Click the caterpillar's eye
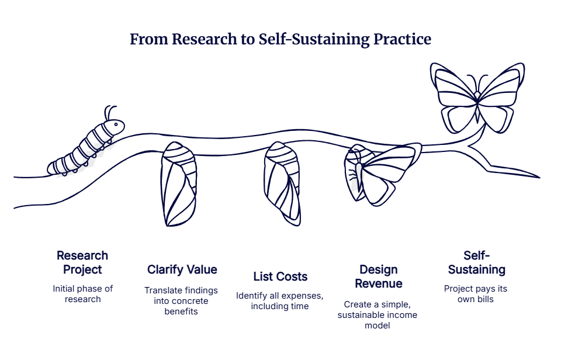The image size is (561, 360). pyautogui.click(x=116, y=124)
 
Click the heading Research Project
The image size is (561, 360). pyautogui.click(x=82, y=262)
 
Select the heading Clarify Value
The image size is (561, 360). pyautogui.click(x=182, y=269)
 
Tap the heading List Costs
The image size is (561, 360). pyautogui.click(x=280, y=276)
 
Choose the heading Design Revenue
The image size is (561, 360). pyautogui.click(x=379, y=276)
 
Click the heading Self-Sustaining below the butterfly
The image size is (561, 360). pyautogui.click(x=476, y=262)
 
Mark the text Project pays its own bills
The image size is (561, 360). pyautogui.click(x=476, y=294)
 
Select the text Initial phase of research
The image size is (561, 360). pyautogui.click(x=82, y=294)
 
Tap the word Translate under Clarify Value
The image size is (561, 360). pyautogui.click(x=164, y=290)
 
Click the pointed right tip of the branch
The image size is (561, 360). pyautogui.click(x=539, y=176)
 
